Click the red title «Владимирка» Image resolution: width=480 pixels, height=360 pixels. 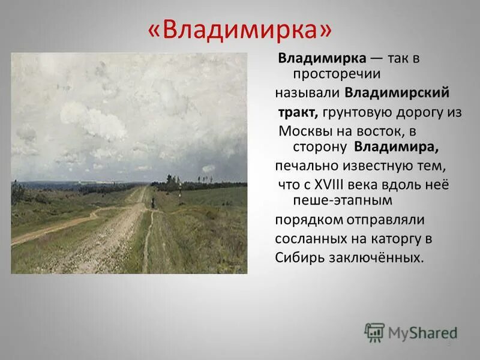pos(240,29)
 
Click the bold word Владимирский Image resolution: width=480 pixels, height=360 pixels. pos(397,93)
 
